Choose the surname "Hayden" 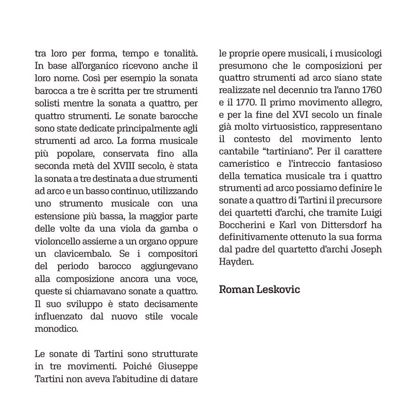[x=235, y=261]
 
